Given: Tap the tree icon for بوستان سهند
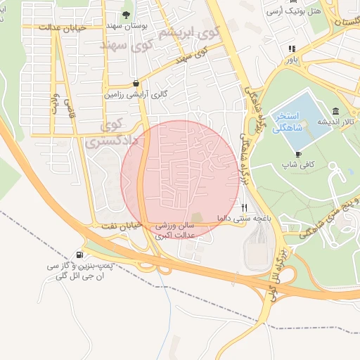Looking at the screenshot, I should coord(126,15).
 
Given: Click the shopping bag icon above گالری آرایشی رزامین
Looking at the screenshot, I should coord(136,82).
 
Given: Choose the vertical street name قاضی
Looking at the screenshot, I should coord(69,108).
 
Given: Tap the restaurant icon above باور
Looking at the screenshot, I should coord(291,49).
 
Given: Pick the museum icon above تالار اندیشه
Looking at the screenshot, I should coord(335,111).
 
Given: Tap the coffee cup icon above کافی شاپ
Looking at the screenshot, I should coord(298,153).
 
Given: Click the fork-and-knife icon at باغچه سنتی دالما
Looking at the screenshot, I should coord(245,207).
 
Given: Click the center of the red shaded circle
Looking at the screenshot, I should coord(180,179).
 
